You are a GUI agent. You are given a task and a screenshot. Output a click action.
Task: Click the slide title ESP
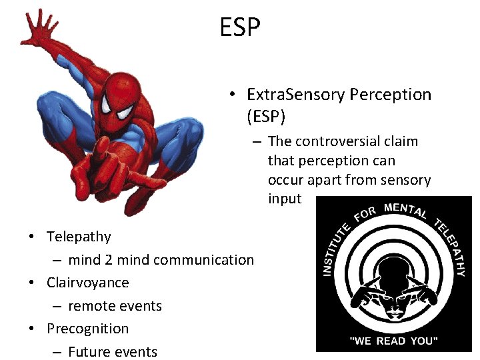[x=240, y=27]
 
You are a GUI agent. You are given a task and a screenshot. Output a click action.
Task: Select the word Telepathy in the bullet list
[x=79, y=237]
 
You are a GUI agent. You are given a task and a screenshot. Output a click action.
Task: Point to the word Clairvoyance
[x=87, y=283]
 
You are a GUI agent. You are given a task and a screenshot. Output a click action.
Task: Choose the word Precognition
[x=87, y=329]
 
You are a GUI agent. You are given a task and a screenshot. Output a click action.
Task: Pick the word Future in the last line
[x=89, y=352]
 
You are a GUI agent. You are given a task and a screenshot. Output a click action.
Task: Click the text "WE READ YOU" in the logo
[x=394, y=341]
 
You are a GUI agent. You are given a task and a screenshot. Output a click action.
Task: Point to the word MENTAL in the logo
[x=405, y=211]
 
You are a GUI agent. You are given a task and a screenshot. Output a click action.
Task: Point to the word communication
[x=203, y=260]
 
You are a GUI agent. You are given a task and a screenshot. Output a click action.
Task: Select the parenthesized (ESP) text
[x=266, y=117]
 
